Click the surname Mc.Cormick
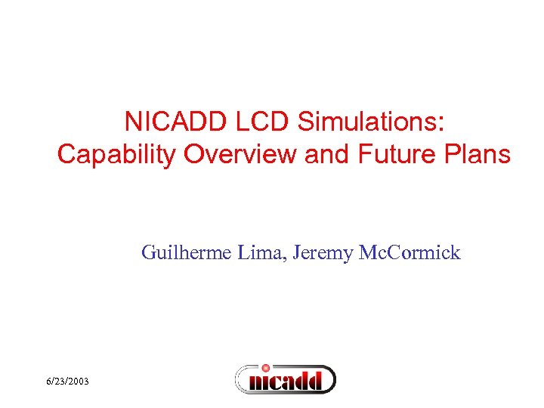point(407,252)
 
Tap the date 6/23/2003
point(66,382)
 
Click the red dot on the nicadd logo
point(265,368)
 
